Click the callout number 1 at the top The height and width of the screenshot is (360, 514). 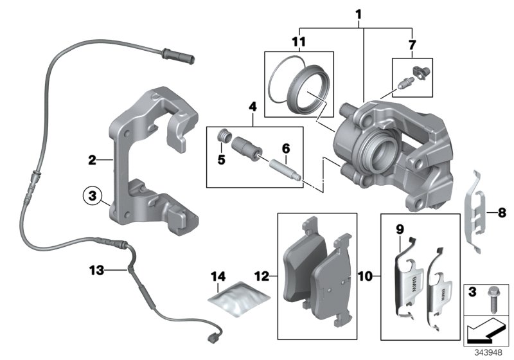358,14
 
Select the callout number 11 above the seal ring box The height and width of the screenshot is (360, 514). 297,43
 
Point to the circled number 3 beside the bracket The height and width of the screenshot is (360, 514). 92,194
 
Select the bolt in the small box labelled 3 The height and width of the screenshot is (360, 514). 492,297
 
